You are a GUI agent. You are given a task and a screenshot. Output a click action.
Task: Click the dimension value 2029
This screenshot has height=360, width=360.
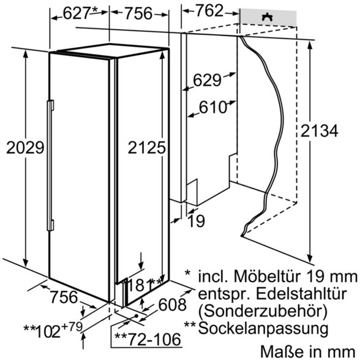pyautogui.click(x=25, y=148)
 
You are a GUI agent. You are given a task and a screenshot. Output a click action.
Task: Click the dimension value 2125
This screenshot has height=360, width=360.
pyautogui.click(x=146, y=148)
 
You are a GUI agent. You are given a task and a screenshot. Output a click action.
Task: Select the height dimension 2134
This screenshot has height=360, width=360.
pyautogui.click(x=319, y=131)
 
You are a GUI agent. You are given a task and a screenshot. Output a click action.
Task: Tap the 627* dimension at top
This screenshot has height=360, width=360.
pyautogui.click(x=80, y=13)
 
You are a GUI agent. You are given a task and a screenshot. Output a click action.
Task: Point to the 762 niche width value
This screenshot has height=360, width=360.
pyautogui.click(x=209, y=11)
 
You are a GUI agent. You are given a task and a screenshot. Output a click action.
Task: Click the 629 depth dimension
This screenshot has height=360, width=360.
pyautogui.click(x=207, y=80)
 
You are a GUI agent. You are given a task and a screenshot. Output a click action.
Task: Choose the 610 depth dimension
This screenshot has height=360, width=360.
pyautogui.click(x=213, y=107)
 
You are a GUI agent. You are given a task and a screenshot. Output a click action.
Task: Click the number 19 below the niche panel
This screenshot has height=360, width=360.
pyautogui.click(x=196, y=221)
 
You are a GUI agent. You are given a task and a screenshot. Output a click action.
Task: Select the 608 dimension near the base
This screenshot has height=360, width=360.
pyautogui.click(x=172, y=305)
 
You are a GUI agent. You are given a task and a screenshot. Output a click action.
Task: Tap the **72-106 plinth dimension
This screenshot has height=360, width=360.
pyautogui.click(x=148, y=340)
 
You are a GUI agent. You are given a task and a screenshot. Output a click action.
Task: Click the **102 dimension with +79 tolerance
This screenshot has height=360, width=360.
pyautogui.click(x=53, y=330)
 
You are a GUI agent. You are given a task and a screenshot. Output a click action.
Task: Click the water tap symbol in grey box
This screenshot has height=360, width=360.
pyautogui.click(x=267, y=17)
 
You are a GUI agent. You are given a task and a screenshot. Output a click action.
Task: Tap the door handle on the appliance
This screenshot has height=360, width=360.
pyautogui.click(x=50, y=165)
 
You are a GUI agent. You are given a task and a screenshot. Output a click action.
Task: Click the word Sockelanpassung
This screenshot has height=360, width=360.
pyautogui.click(x=263, y=329)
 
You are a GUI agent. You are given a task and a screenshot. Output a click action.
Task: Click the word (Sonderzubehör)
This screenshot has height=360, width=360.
pyautogui.click(x=263, y=311)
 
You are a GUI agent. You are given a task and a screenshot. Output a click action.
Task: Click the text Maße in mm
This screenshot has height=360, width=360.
pyautogui.click(x=308, y=351)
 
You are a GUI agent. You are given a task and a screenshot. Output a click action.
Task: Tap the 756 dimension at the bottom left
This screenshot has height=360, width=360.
pyautogui.click(x=64, y=296)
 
